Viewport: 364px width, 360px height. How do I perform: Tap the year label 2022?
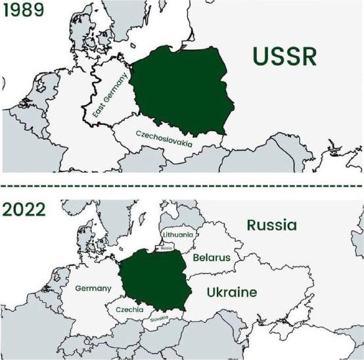[24, 210]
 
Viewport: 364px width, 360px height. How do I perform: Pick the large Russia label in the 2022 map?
[271, 225]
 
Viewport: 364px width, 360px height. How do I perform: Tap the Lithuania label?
[177, 234]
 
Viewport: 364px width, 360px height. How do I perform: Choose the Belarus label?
[212, 258]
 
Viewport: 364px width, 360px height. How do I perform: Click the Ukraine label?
[231, 292]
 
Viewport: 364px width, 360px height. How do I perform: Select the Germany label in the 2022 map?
[93, 288]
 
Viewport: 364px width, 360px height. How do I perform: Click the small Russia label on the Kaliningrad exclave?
[166, 248]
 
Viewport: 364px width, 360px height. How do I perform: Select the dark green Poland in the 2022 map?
[152, 281]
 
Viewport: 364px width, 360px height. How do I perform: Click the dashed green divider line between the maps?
[182, 185]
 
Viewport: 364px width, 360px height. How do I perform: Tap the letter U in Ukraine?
[211, 292]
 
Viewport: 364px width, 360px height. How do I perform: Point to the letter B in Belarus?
[196, 258]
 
